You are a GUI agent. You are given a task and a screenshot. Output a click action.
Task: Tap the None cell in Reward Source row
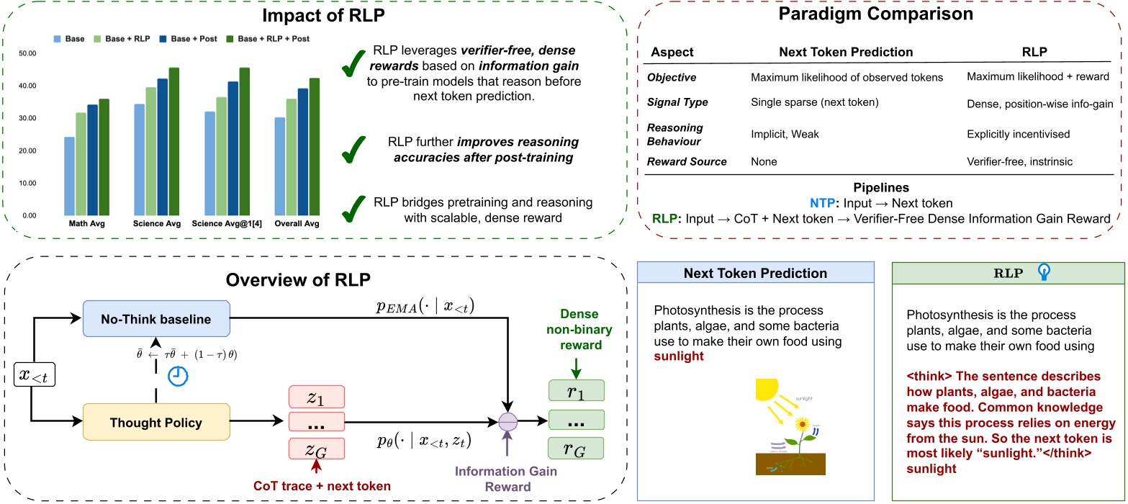point(764,162)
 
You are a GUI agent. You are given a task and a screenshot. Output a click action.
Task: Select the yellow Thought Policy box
point(156,422)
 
